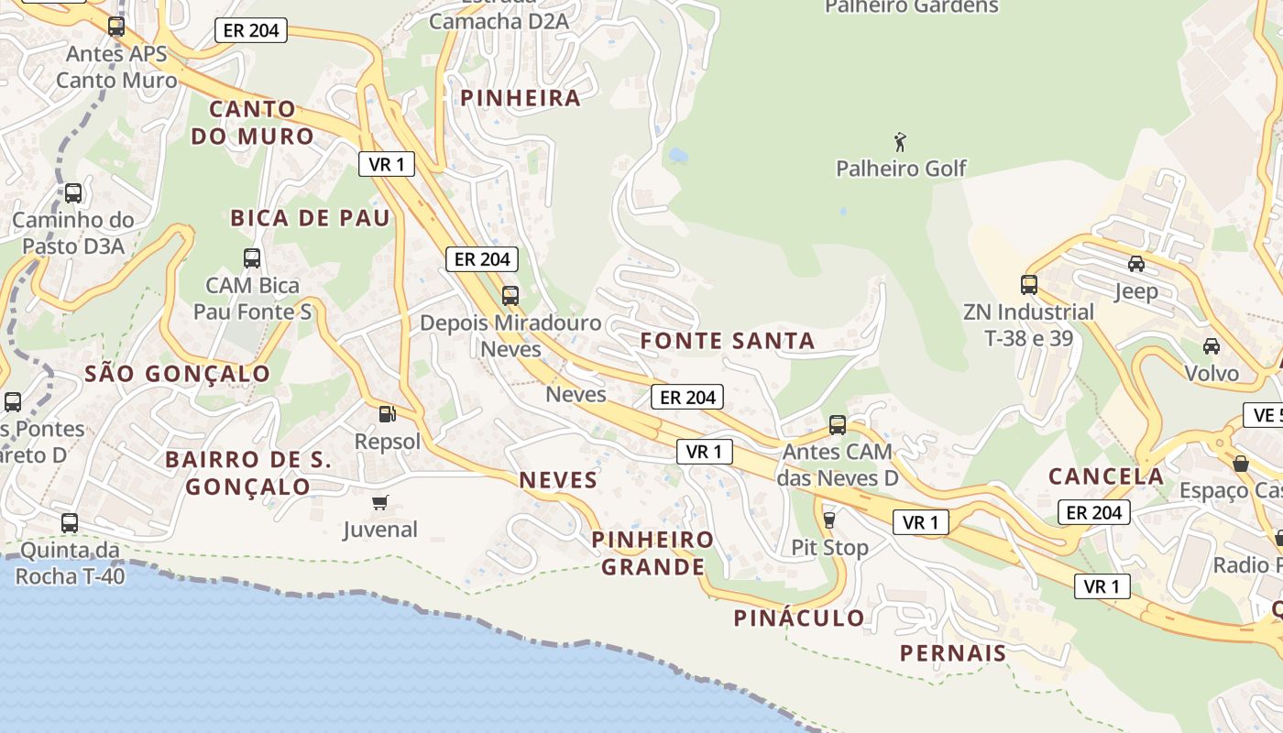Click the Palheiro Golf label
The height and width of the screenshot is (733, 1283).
(x=901, y=169)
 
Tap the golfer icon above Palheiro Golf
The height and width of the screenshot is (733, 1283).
(x=901, y=142)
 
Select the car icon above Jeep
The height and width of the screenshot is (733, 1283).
(x=1136, y=264)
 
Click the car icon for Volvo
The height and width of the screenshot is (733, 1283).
(x=1212, y=345)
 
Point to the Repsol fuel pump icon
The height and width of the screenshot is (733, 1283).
(x=388, y=414)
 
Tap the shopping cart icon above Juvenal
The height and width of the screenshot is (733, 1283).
(x=380, y=502)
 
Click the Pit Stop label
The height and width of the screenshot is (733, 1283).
(x=829, y=547)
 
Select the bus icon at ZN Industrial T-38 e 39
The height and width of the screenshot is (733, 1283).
(x=1029, y=285)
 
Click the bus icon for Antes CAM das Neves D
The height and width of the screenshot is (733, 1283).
(x=838, y=424)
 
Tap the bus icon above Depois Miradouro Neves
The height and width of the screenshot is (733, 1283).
(x=510, y=295)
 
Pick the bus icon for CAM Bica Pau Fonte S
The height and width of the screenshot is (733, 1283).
(x=252, y=258)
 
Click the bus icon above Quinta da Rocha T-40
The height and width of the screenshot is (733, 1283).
(x=70, y=523)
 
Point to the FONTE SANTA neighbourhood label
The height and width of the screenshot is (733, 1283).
(x=727, y=341)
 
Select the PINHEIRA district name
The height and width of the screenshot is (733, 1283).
(x=521, y=98)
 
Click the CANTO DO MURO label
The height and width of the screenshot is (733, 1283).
(x=252, y=123)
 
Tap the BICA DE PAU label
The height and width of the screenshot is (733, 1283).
(x=310, y=218)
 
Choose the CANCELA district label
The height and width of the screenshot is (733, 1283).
(x=1105, y=476)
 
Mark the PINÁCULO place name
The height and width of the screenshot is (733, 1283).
(x=799, y=618)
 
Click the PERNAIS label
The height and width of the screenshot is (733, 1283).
(x=953, y=653)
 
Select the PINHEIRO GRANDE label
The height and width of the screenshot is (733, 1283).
(x=652, y=553)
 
